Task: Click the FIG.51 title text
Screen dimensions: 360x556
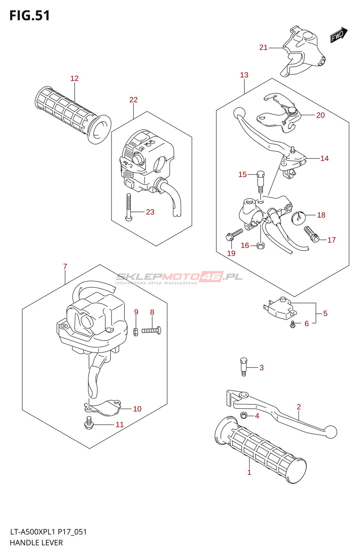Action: click(30, 16)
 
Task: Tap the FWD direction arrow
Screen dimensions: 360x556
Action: click(338, 35)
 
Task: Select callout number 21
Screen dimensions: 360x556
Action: click(263, 48)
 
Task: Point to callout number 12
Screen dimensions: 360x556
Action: click(74, 79)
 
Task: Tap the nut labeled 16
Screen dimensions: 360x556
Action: click(260, 246)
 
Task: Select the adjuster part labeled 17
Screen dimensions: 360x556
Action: click(311, 234)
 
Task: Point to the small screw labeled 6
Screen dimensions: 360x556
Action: click(293, 325)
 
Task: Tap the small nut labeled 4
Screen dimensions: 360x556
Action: click(244, 415)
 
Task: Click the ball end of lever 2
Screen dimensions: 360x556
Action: click(331, 432)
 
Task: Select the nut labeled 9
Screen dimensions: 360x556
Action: click(136, 332)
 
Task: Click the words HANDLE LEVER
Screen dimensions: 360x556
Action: click(36, 543)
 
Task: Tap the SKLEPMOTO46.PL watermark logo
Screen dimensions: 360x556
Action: click(179, 277)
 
